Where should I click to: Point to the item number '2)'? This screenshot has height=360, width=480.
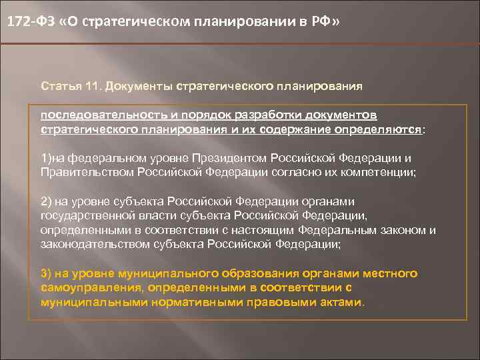47,201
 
